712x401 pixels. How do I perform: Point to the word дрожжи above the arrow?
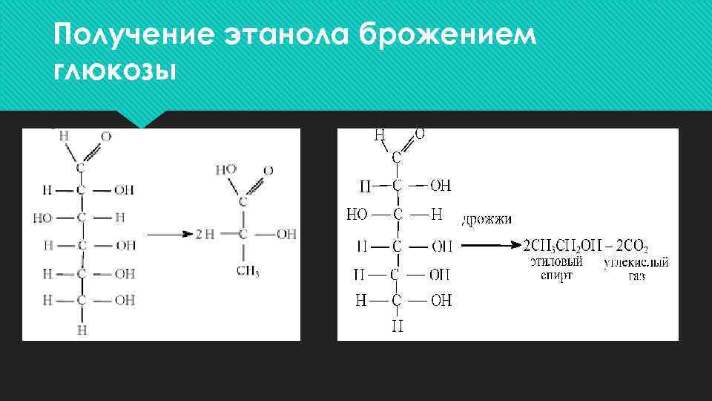point(486,219)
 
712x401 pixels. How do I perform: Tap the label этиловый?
point(556,262)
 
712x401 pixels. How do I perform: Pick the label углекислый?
point(636,262)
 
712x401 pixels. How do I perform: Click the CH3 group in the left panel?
point(248,272)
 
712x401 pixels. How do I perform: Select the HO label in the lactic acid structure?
point(225,170)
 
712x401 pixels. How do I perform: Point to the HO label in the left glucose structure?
point(43,218)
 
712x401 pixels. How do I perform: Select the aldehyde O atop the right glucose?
point(420,134)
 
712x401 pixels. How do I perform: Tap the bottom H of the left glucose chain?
point(82,329)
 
